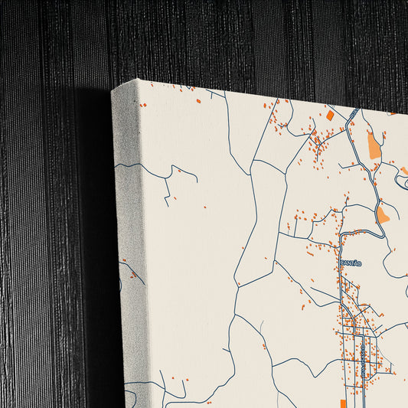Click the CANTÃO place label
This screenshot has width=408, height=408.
(x=350, y=263)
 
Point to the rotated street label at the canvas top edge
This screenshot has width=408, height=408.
(x=354, y=113)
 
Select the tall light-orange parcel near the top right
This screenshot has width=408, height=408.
(x=374, y=145)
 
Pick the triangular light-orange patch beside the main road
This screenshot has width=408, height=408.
(x=382, y=214)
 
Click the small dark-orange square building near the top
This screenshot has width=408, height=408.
(x=330, y=116)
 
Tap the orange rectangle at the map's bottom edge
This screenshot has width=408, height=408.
(x=344, y=403)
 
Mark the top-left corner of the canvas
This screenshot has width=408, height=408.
(x=113, y=90)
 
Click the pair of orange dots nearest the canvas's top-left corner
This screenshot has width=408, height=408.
(x=142, y=105)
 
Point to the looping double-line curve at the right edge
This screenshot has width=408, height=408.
(x=400, y=181)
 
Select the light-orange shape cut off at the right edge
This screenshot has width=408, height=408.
(x=404, y=171)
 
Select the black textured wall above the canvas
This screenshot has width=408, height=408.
(x=230, y=38)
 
